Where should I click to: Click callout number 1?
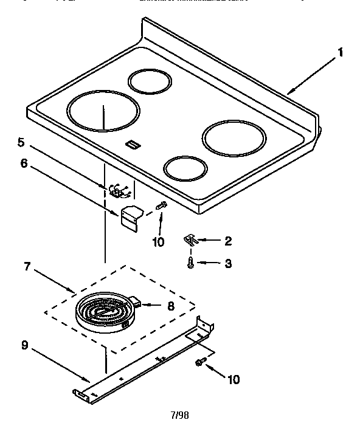(341, 52)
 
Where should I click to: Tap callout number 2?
(227, 241)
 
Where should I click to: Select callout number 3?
(227, 263)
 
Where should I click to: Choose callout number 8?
(170, 307)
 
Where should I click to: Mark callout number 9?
(24, 345)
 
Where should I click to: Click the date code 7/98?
(179, 416)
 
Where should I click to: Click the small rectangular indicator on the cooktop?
(131, 144)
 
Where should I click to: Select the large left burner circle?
(103, 112)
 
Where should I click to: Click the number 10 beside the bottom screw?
(234, 380)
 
